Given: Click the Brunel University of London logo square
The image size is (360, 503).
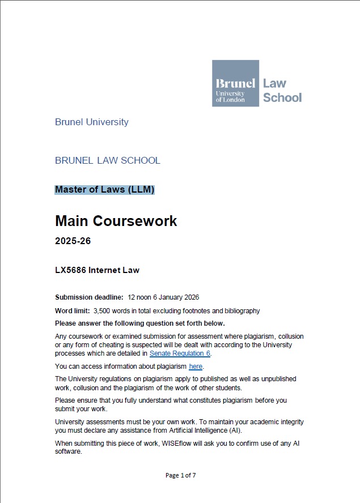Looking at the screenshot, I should pyautogui.click(x=235, y=83).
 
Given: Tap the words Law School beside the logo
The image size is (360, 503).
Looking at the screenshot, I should pyautogui.click(x=282, y=90).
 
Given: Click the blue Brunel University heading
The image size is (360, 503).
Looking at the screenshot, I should pyautogui.click(x=92, y=122).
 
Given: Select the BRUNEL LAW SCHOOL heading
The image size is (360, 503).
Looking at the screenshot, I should pyautogui.click(x=108, y=160).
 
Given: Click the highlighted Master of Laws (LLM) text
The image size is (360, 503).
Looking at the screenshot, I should pyautogui.click(x=105, y=190).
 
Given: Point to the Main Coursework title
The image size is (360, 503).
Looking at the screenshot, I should pyautogui.click(x=116, y=221).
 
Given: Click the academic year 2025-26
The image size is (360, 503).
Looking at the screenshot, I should pyautogui.click(x=73, y=241).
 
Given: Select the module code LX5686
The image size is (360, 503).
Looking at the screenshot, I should pyautogui.click(x=70, y=270).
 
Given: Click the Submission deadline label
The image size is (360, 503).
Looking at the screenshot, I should pyautogui.click(x=89, y=297).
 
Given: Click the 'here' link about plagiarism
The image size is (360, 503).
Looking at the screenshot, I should pyautogui.click(x=196, y=366).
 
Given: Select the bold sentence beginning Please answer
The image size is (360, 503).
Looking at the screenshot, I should pyautogui.click(x=140, y=323).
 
